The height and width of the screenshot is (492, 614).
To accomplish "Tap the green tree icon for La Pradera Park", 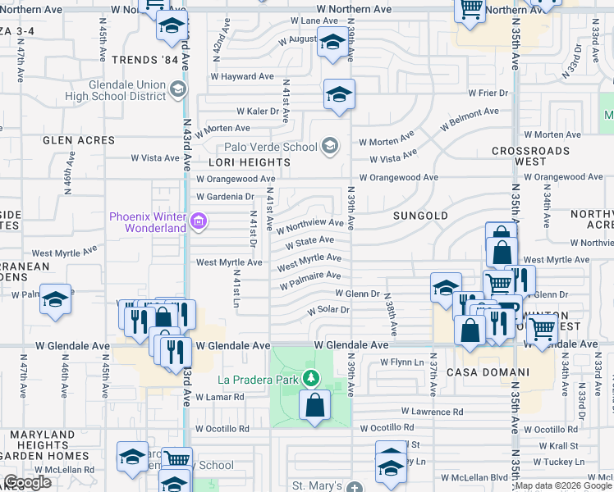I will point(311,378).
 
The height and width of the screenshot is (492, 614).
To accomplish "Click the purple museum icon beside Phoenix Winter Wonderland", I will point(198,221).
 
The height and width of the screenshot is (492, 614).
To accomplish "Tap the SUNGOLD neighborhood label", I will point(420,216).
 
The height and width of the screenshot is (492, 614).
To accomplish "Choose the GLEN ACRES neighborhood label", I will point(79,140).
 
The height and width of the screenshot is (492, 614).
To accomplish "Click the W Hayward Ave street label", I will point(242,76).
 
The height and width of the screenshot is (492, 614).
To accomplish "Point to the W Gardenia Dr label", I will point(225,197).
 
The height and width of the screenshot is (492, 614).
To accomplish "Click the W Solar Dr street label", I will point(328,310).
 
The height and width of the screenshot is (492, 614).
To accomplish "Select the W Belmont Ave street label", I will point(470,119).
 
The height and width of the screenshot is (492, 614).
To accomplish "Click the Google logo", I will point(28,482).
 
